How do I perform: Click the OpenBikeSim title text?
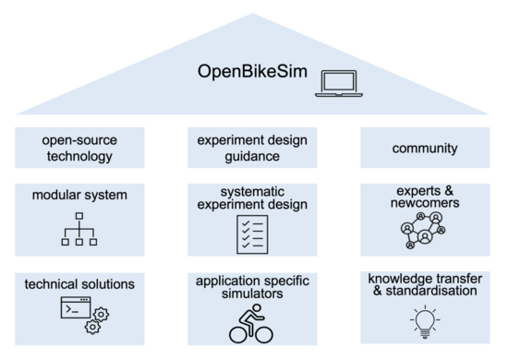coord(252,71)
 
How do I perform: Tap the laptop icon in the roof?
coord(339,83)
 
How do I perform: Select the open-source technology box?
coord(79,148)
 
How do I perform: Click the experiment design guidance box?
coord(252,148)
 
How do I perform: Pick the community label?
coord(425,149)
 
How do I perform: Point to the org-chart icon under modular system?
coord(79,229)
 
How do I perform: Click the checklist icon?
coord(252,234)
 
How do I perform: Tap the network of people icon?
coord(423,231)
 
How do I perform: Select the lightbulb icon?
coord(425,321)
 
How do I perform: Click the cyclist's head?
coord(258,308)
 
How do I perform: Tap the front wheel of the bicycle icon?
coord(264,334)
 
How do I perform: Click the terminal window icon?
coord(76,307)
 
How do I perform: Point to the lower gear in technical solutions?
coord(92,327)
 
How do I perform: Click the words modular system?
coord(79,195)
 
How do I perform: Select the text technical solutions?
coord(79,284)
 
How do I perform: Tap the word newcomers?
coord(425,203)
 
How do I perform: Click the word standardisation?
coord(431,291)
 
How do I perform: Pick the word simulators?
coord(252,294)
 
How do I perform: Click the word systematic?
coord(252,192)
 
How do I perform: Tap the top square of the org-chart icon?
coord(79,216)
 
